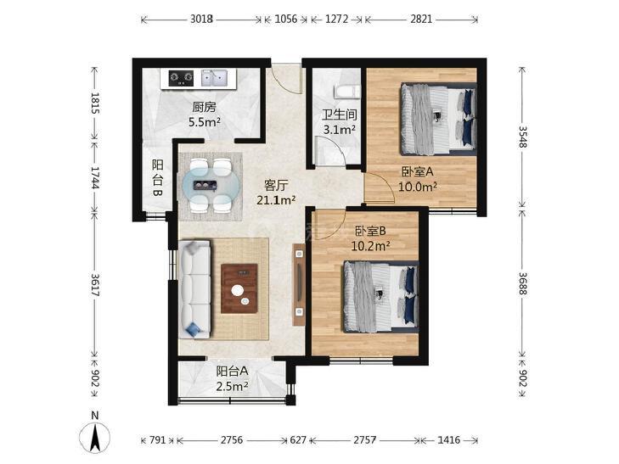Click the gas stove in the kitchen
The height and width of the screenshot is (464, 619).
click(x=181, y=78)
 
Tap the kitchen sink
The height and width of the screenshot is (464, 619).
click(x=214, y=78)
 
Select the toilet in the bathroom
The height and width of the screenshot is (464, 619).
click(x=347, y=92)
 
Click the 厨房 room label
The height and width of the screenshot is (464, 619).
click(x=204, y=107)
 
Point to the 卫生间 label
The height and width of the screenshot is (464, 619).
click(x=340, y=115)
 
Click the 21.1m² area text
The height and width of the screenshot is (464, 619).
click(x=276, y=200)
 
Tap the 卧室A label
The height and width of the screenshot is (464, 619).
click(x=418, y=172)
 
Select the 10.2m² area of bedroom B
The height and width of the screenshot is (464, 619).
click(x=371, y=246)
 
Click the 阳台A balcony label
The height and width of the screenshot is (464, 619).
click(x=232, y=372)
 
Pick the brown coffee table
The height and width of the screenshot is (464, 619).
click(x=239, y=288)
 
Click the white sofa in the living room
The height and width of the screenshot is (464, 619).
click(x=194, y=289)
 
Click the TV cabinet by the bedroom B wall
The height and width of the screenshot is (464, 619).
click(x=299, y=284)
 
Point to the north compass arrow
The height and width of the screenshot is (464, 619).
click(x=95, y=437)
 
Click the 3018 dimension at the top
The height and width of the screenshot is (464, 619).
click(x=202, y=19)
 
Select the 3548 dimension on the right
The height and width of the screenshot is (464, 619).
click(x=523, y=137)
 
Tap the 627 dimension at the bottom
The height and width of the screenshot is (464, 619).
click(x=298, y=439)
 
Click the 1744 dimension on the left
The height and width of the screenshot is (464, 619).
click(x=95, y=177)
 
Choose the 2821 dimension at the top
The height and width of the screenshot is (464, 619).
click(x=421, y=19)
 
